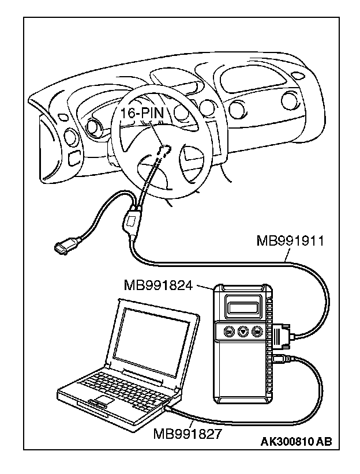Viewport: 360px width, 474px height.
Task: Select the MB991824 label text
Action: [157, 284]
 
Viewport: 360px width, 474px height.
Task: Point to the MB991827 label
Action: [187, 432]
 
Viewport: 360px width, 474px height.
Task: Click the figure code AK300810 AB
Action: [296, 442]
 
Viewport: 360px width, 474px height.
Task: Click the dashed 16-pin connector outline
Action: [162, 151]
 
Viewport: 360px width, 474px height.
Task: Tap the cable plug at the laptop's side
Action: [168, 408]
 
